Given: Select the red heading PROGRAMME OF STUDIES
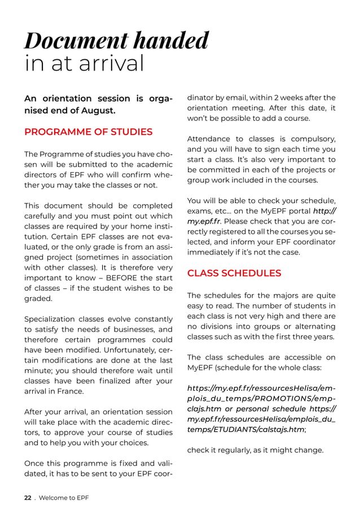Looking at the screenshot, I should (x=88, y=132).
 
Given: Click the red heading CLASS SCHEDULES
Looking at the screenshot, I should (x=234, y=273).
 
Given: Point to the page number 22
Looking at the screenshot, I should (x=27, y=497).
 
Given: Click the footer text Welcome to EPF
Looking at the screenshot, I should (x=64, y=497).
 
